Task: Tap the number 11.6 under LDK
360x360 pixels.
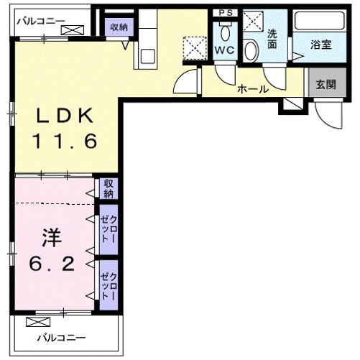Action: click(x=63, y=142)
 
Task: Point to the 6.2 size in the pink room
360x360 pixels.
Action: click(x=52, y=264)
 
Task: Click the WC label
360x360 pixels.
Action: click(x=223, y=50)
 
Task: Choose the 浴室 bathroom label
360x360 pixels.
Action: click(x=320, y=45)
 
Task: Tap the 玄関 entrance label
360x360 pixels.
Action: click(x=326, y=83)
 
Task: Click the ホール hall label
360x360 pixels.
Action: click(x=252, y=90)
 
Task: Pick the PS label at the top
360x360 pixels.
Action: click(x=226, y=12)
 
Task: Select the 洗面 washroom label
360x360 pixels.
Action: click(x=272, y=37)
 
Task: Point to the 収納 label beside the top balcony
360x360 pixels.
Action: click(x=119, y=27)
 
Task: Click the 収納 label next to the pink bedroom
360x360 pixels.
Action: click(x=109, y=188)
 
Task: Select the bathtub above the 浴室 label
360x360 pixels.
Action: click(x=319, y=21)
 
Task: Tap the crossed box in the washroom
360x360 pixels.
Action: click(x=252, y=21)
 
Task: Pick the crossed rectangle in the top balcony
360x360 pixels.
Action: click(x=72, y=29)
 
